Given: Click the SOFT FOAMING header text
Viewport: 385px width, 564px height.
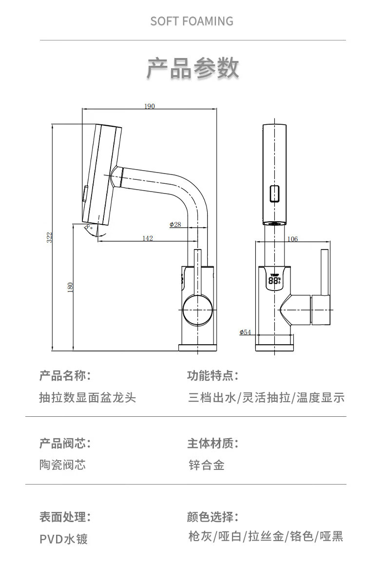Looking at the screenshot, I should click(x=192, y=21).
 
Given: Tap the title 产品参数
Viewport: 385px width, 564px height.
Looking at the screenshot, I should click(x=192, y=68).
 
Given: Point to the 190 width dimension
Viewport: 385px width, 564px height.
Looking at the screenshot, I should click(x=149, y=106).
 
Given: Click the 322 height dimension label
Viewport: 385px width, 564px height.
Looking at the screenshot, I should click(x=49, y=237).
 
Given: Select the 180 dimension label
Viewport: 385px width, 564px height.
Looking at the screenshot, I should click(x=70, y=287).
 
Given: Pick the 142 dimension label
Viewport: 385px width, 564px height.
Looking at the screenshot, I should click(x=148, y=238).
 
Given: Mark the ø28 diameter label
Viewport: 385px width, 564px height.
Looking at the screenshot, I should click(x=175, y=224).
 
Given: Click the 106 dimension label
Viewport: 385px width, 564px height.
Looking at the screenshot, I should click(x=292, y=239).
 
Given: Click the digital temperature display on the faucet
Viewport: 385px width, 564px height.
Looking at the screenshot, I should click(x=274, y=280).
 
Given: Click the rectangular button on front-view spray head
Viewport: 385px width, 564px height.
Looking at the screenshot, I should click(x=275, y=194).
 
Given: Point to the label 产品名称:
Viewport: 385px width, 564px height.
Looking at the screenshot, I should click(x=65, y=376).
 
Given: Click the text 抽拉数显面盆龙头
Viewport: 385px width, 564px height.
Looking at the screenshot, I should click(x=88, y=397).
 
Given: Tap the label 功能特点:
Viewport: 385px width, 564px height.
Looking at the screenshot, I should click(x=212, y=376).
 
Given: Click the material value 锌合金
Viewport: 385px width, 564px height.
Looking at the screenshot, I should click(x=207, y=465).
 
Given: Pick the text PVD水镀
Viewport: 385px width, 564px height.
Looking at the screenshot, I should click(x=64, y=539).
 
